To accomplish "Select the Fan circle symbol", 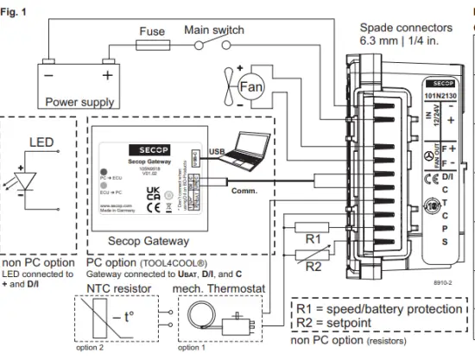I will click(x=250, y=87).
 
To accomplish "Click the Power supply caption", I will click(x=79, y=102).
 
